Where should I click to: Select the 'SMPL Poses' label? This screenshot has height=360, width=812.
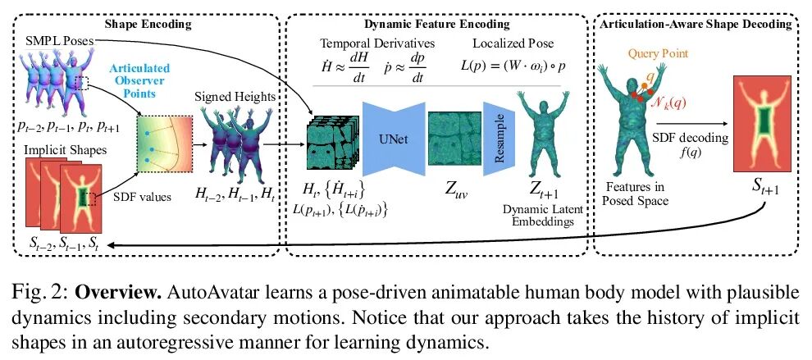click(48, 40)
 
